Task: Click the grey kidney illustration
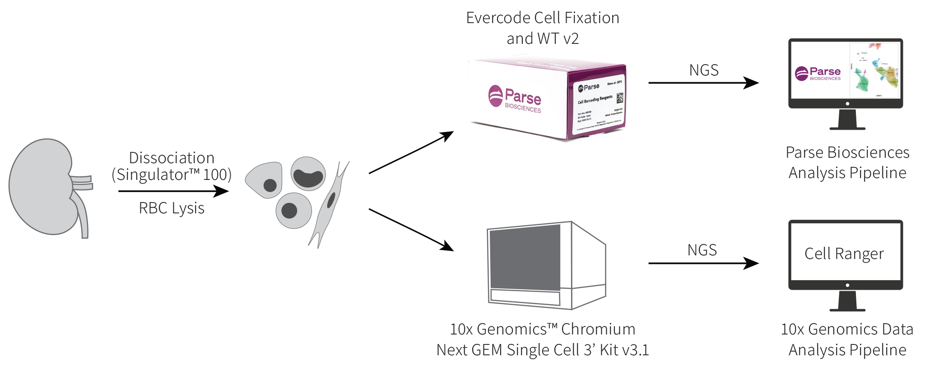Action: [x=43, y=188]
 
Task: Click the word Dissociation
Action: [x=172, y=158]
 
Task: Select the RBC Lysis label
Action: [x=172, y=208]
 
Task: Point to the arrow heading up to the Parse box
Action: [x=411, y=152]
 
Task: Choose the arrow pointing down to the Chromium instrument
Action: [x=411, y=229]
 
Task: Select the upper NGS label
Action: [x=704, y=71]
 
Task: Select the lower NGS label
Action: [x=702, y=250]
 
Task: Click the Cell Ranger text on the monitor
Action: [x=844, y=254]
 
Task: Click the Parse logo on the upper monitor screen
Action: [x=818, y=73]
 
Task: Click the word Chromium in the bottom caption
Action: [x=598, y=329]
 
